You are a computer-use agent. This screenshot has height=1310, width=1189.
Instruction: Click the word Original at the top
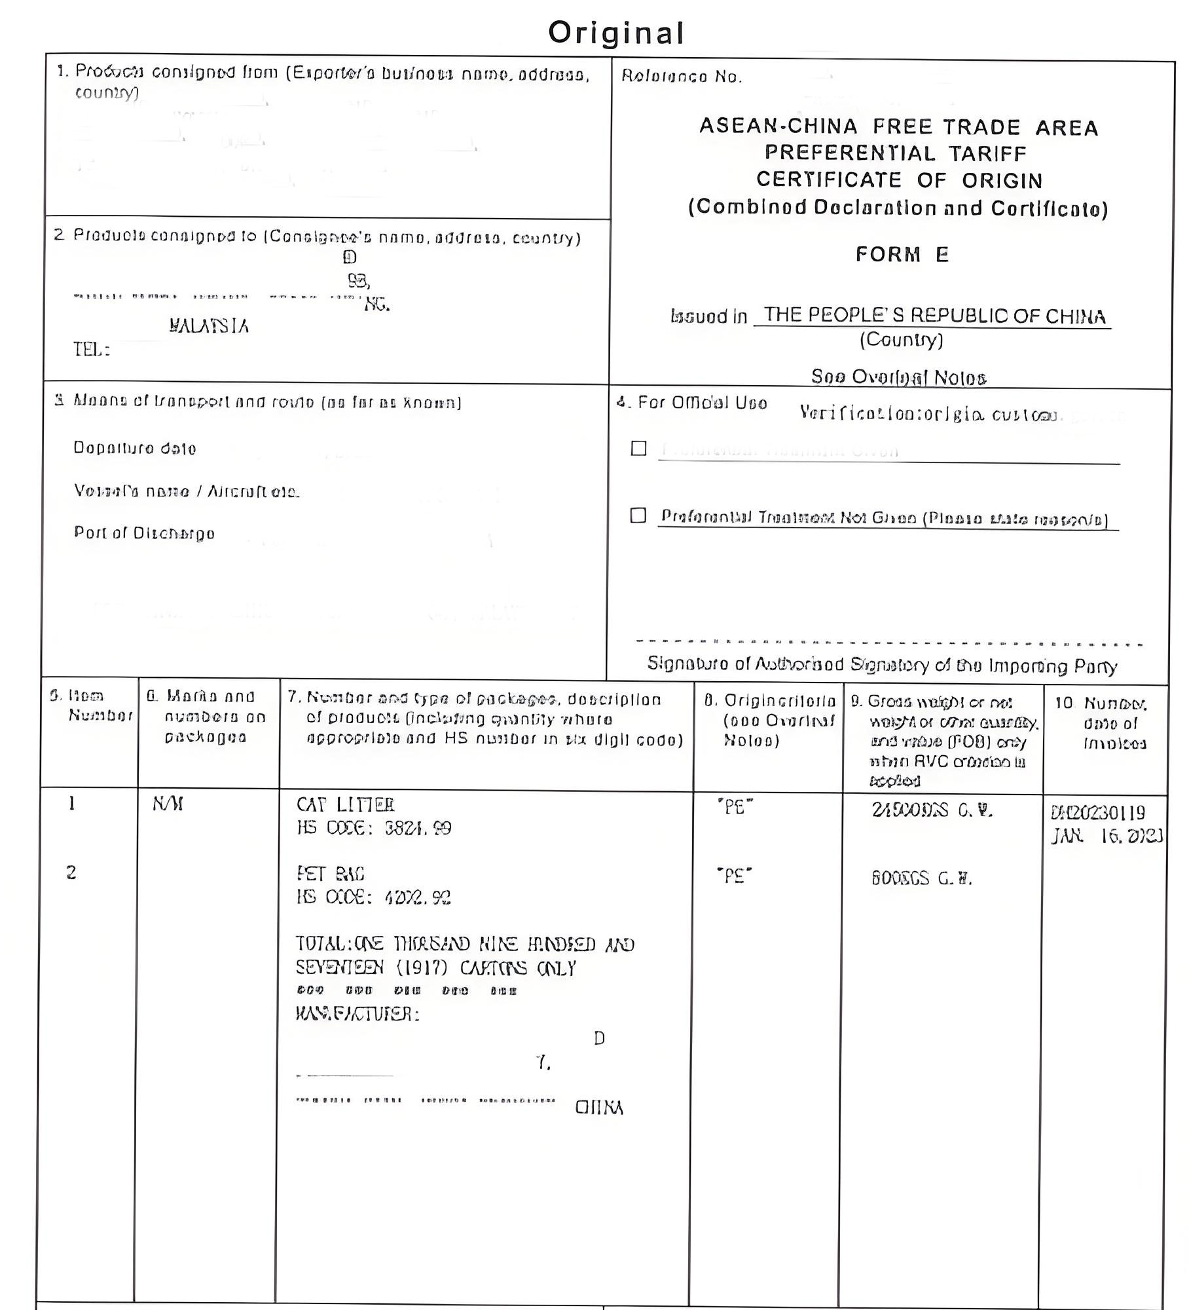[616, 33]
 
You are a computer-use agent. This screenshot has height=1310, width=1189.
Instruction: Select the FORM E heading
[902, 254]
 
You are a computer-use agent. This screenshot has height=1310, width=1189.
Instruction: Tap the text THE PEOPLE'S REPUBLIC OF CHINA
[934, 316]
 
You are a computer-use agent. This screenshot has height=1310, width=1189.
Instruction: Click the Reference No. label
[682, 77]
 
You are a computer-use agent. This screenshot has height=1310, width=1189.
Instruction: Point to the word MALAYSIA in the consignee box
[209, 326]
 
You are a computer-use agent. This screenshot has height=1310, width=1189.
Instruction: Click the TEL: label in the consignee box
[91, 350]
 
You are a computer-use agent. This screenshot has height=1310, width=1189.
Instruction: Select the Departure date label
[134, 449]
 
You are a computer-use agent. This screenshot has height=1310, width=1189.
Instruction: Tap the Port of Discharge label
[144, 533]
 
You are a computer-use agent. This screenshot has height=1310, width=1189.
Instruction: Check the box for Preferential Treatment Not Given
[638, 515]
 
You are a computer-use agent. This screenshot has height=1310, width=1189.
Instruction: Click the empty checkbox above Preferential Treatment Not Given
[638, 448]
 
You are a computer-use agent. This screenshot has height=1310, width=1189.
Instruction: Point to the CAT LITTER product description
[345, 804]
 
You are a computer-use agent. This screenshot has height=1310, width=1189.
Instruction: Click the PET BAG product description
[330, 874]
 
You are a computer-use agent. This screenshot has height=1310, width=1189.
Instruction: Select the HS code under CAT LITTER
[374, 829]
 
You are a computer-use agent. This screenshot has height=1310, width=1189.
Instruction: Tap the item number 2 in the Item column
[71, 872]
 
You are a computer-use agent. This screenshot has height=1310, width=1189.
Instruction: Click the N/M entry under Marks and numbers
[168, 804]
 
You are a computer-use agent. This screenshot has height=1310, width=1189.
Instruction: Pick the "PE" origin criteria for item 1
[735, 808]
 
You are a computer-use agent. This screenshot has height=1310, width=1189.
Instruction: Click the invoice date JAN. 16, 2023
[1107, 836]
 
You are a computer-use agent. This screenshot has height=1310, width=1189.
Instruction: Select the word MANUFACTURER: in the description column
[357, 1015]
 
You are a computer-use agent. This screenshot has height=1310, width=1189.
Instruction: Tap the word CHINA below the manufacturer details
[598, 1108]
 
